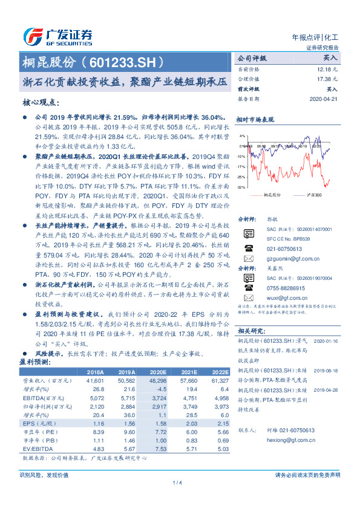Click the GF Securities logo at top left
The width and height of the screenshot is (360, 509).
(57, 36)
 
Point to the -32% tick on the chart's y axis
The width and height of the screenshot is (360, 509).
(242, 188)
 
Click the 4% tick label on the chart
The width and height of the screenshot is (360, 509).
(243, 137)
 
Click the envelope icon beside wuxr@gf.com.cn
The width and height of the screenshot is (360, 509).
(248, 298)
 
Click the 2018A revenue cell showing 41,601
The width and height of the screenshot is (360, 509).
(95, 381)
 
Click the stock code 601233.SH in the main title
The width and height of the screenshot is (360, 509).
(126, 62)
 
